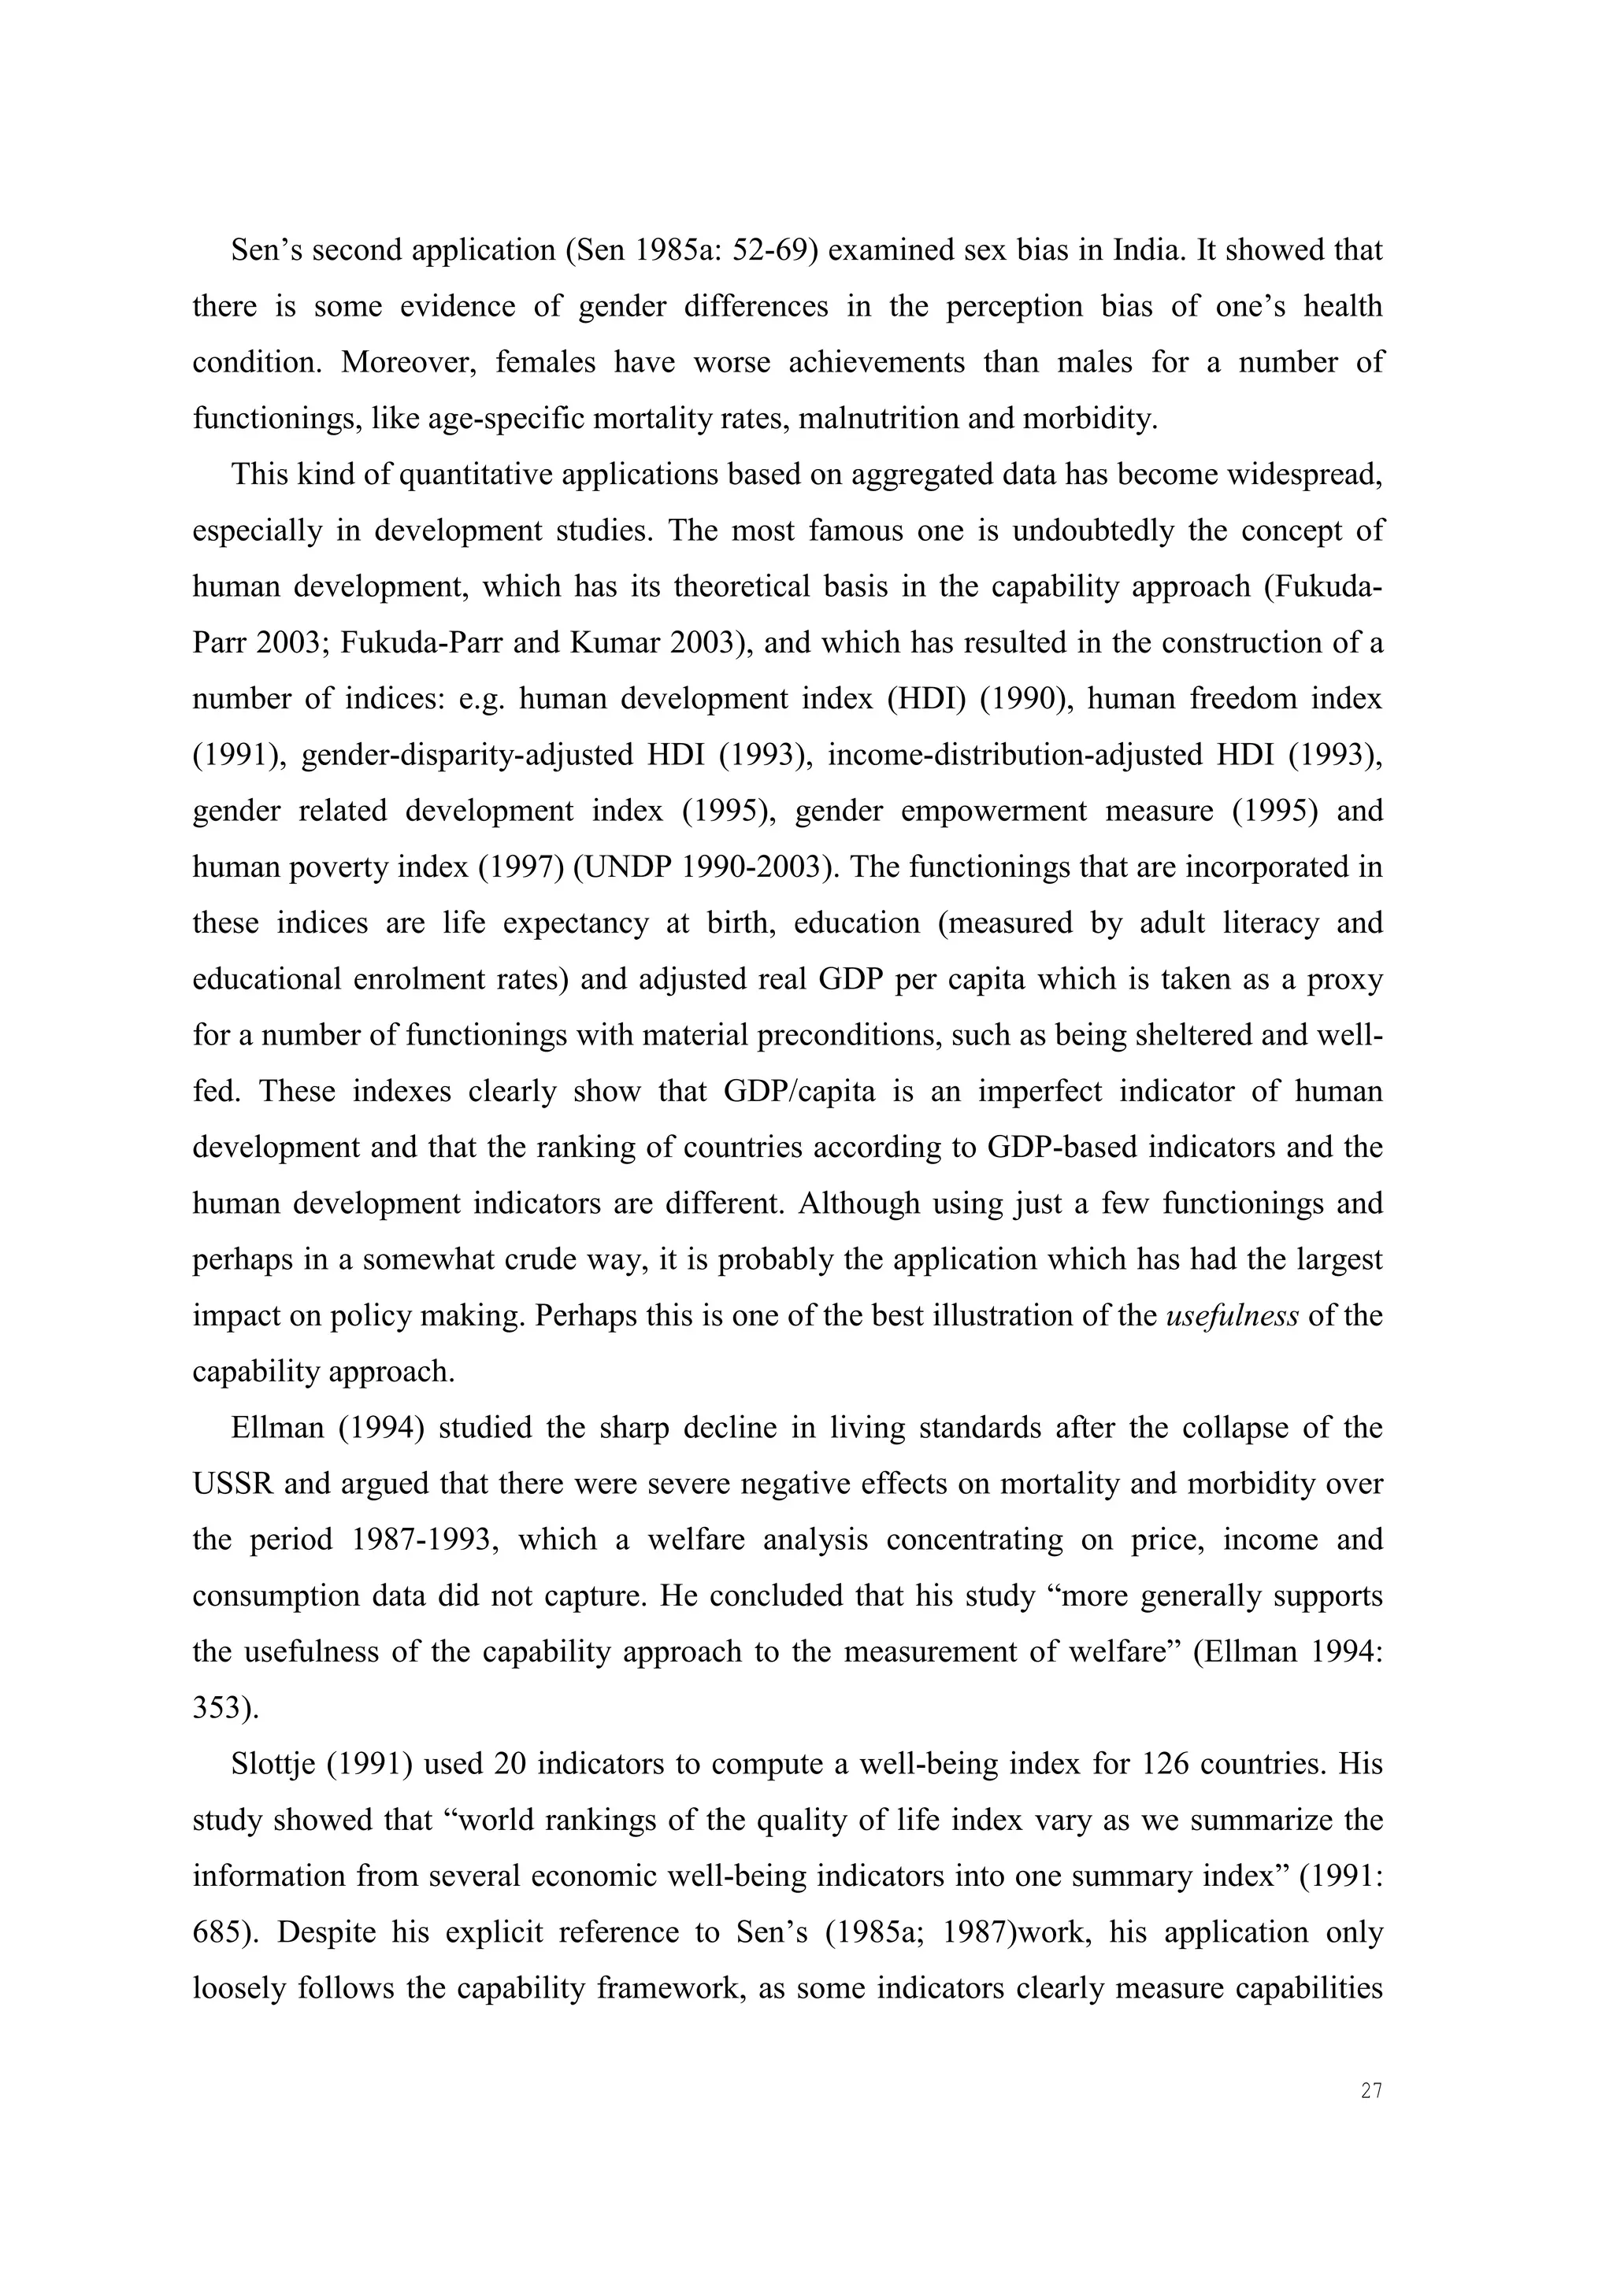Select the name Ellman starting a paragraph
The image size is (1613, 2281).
(x=277, y=1429)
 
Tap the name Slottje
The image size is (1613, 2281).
(x=273, y=1765)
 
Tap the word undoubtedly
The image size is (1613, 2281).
(x=1092, y=531)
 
